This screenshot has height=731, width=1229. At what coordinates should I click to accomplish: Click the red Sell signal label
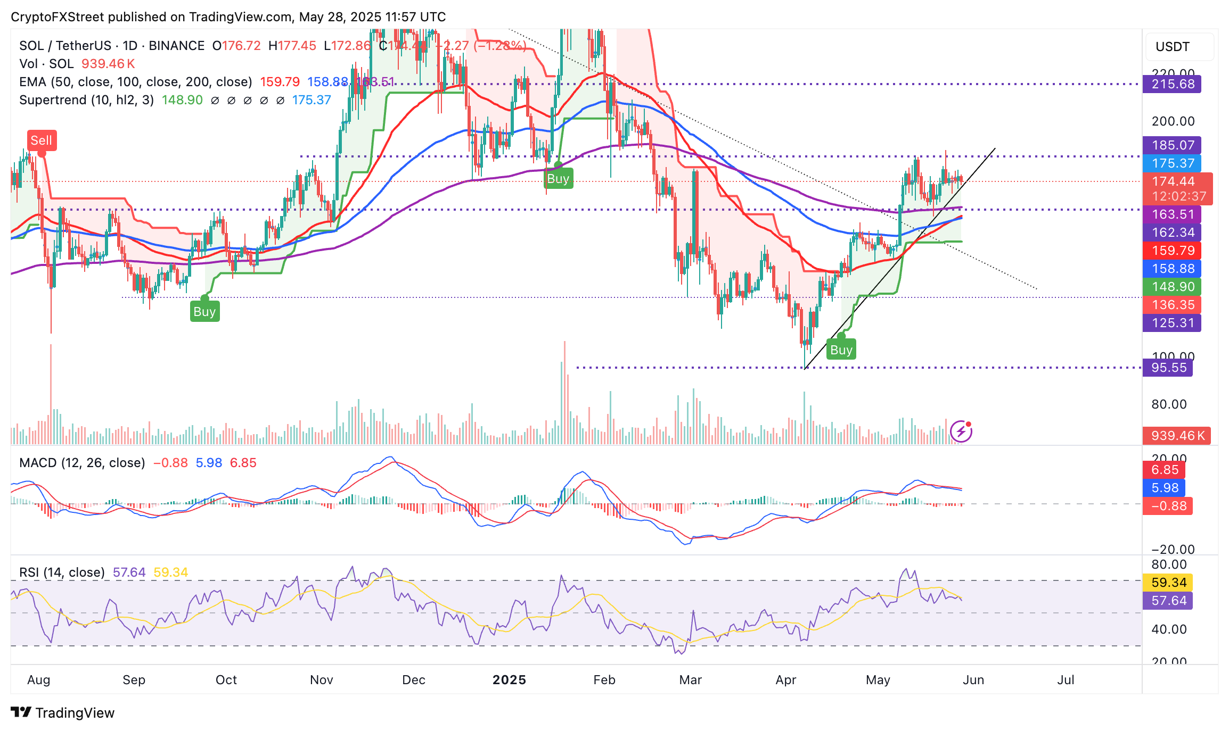42,140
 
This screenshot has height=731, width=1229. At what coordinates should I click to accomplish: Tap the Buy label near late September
204,312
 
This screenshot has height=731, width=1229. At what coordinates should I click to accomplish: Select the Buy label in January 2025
558,179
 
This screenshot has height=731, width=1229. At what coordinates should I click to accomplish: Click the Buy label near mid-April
841,350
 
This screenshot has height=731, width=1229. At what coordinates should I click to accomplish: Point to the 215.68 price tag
1172,84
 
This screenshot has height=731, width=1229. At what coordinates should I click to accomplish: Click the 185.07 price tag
1172,145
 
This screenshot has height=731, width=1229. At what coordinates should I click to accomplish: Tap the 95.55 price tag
1169,368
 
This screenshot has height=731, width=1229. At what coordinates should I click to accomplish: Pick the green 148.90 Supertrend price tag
1172,287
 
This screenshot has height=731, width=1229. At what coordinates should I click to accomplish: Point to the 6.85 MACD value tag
1165,470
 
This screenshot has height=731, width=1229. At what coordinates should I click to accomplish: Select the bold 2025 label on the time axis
509,680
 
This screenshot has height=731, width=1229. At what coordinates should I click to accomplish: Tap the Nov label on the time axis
321,680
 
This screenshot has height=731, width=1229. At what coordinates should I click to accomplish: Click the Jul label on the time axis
1066,680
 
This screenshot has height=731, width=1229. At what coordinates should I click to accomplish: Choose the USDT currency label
1173,47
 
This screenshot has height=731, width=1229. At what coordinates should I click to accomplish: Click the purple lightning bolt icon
961,431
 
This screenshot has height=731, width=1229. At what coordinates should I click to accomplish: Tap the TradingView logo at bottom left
63,713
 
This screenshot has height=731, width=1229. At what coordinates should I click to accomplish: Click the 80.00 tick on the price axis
1169,404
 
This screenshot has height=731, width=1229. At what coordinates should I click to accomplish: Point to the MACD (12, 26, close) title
82,463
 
